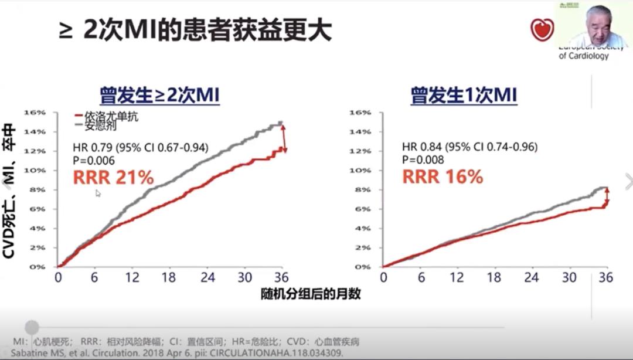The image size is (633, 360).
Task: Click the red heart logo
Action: (542, 29)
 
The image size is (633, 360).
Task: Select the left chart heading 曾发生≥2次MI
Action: (159, 95)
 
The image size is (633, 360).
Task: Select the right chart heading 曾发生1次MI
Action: (464, 95)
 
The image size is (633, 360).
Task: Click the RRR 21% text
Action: (113, 176)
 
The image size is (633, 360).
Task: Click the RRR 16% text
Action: (442, 176)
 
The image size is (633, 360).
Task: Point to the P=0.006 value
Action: (94, 160)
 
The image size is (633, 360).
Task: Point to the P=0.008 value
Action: (423, 160)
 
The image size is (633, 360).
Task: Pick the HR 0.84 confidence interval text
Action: (469, 147)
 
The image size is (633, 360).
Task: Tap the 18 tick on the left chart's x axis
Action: (168, 277)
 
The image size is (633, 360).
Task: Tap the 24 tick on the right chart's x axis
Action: (532, 277)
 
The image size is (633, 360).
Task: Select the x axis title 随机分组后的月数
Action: (311, 293)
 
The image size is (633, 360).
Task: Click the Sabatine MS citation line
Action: (176, 353)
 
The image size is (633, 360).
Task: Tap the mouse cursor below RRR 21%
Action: (98, 193)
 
